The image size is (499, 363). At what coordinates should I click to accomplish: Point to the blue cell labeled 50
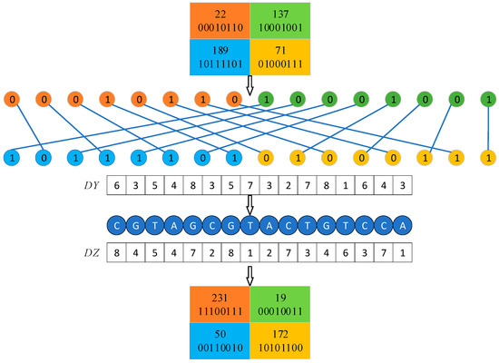click(x=219, y=338)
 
